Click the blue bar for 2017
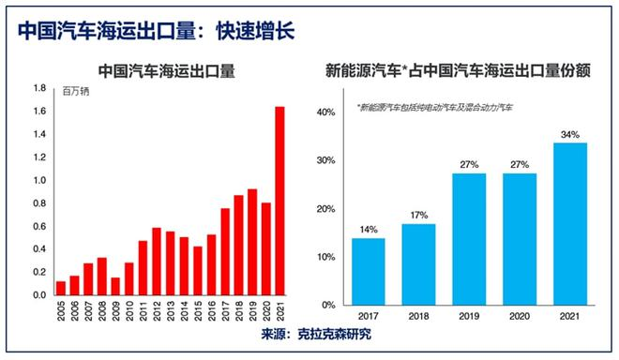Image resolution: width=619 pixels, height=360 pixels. pyautogui.click(x=369, y=271)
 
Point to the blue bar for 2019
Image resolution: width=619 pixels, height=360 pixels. pyautogui.click(x=469, y=239)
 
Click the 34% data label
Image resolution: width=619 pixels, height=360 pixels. pyautogui.click(x=569, y=133)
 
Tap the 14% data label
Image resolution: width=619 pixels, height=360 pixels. pyautogui.click(x=369, y=229)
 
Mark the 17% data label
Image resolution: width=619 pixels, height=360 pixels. pyautogui.click(x=418, y=215)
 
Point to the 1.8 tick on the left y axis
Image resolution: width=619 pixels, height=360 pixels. pyautogui.click(x=39, y=89)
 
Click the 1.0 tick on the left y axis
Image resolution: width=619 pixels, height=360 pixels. pyautogui.click(x=39, y=180)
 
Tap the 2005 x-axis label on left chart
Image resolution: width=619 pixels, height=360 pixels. pyautogui.click(x=61, y=311)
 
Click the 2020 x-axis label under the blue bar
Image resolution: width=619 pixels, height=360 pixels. pyautogui.click(x=519, y=316)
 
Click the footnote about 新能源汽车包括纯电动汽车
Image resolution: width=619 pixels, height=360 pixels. pyautogui.click(x=434, y=108)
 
